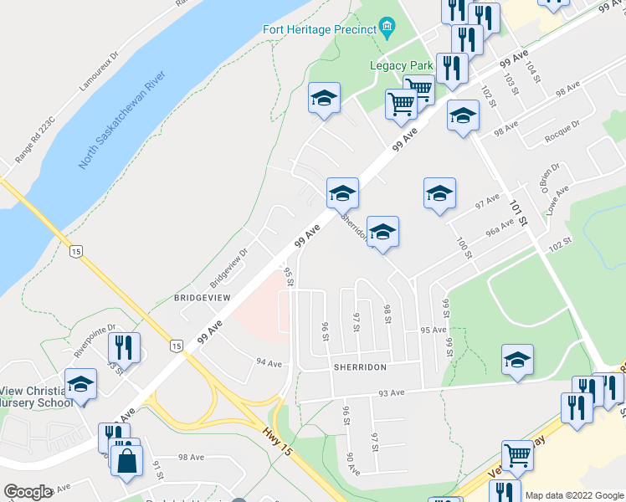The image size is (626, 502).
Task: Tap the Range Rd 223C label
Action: click(x=35, y=140)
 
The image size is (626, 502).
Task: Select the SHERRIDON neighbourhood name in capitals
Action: click(x=359, y=367)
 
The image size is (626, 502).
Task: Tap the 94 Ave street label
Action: click(x=269, y=362)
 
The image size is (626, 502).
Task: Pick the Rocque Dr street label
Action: click(x=562, y=131)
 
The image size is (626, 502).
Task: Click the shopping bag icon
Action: click(x=126, y=460)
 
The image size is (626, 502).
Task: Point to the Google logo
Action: click(x=28, y=492)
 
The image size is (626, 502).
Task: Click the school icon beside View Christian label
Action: click(x=81, y=385)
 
